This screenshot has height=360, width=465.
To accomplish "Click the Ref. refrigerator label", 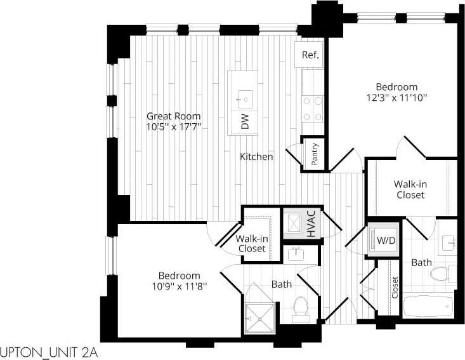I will (310, 55).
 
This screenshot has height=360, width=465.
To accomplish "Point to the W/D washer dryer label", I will (385, 241).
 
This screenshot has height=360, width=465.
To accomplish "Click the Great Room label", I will (174, 116).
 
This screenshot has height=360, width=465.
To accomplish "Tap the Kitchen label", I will (256, 156).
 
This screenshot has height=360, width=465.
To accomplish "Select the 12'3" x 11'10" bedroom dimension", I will (396, 98).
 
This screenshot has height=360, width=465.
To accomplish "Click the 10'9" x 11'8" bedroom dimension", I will (179, 286).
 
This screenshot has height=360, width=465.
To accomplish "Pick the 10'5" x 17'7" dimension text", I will (174, 127).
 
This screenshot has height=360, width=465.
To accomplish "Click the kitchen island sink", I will (245, 98).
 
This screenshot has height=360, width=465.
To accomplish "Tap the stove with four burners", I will (312, 108).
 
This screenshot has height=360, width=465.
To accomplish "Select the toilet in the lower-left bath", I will (301, 307).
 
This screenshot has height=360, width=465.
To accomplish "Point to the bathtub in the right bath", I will (427, 307).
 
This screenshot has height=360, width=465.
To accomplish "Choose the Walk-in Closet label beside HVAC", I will (251, 243).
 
